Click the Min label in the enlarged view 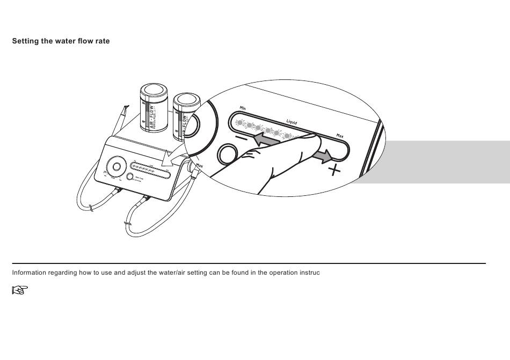[x=243, y=107]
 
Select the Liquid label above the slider [x=292, y=123]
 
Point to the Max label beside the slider [x=340, y=136]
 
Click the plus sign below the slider [x=334, y=171]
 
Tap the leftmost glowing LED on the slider [x=240, y=122]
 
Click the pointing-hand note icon [x=19, y=290]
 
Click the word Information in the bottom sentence [x=30, y=273]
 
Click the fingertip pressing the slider [x=310, y=141]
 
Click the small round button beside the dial [x=130, y=177]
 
